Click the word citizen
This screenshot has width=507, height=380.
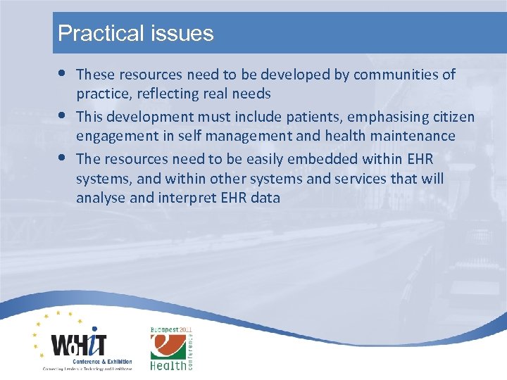tap(451, 115)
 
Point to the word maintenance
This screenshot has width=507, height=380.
tap(414, 136)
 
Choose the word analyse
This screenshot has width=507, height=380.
tap(99, 198)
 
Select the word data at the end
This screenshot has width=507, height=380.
tap(264, 198)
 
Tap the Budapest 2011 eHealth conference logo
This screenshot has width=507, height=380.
tap(171, 348)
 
